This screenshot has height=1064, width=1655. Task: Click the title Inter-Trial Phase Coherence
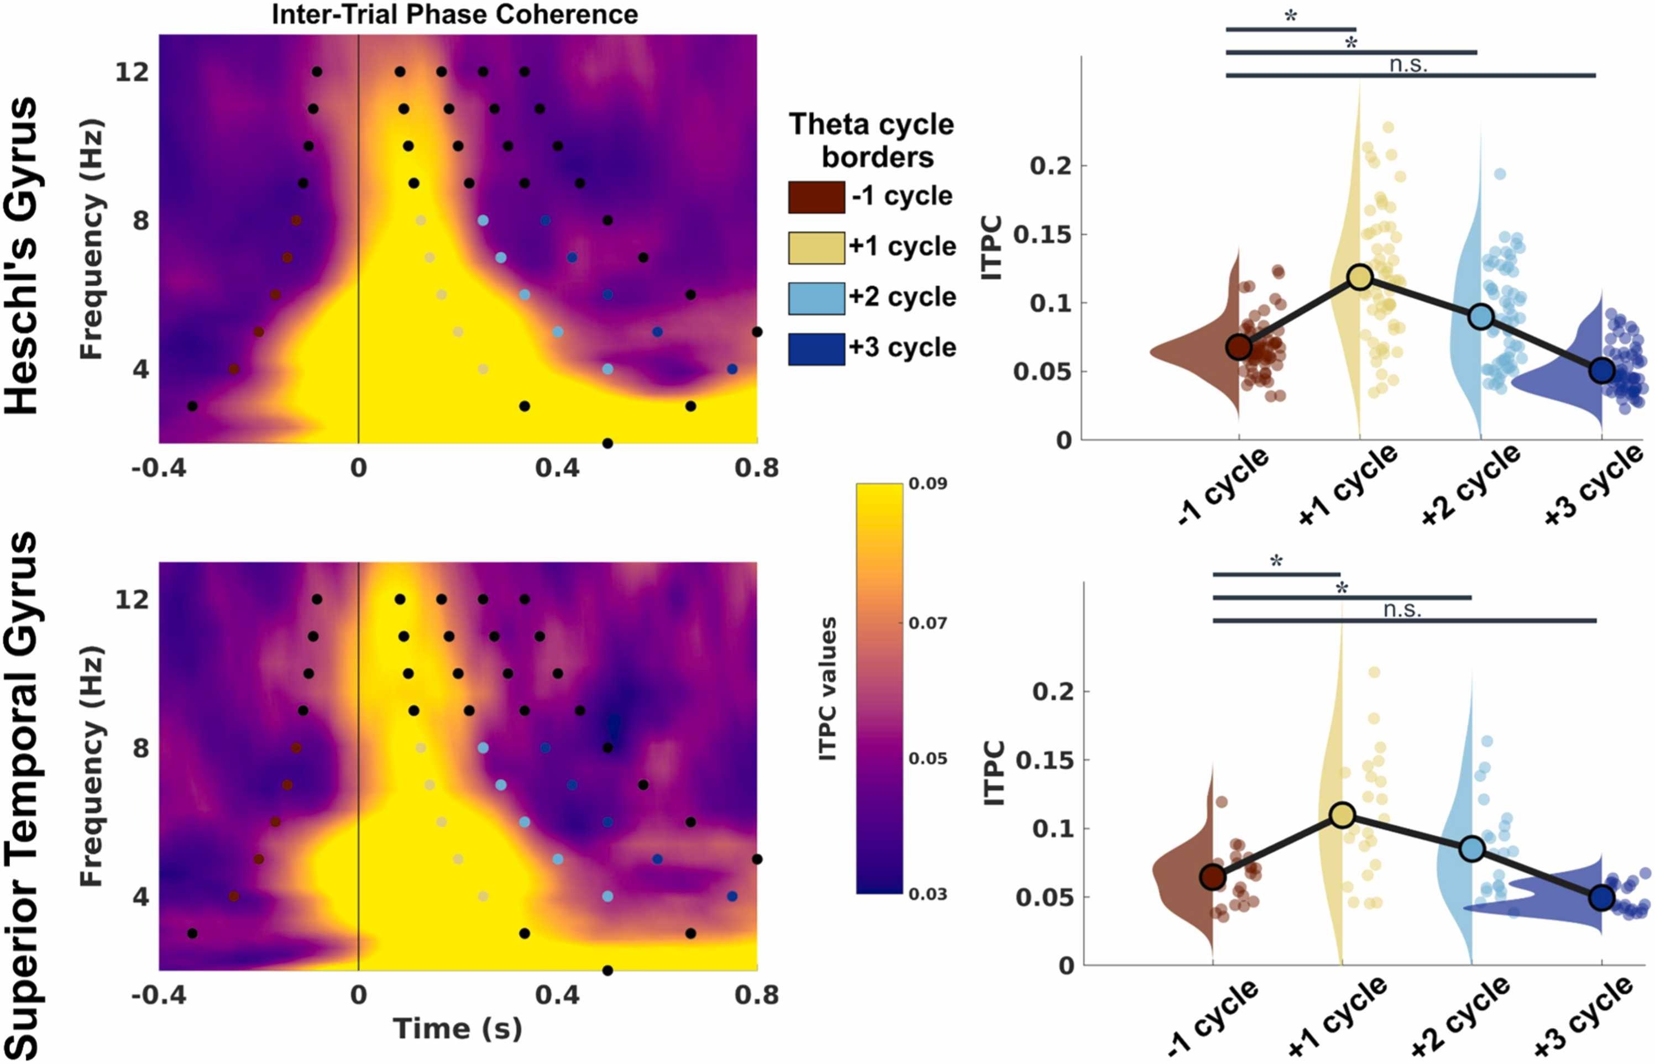(455, 14)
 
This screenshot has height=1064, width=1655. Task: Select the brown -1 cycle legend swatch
(816, 197)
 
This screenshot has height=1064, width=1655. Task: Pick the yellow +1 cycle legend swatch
(816, 248)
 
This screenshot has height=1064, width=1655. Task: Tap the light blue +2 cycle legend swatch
(816, 298)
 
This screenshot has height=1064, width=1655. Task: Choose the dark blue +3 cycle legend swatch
(816, 349)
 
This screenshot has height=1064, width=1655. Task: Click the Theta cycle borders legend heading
(872, 140)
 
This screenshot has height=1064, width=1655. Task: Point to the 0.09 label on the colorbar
(928, 484)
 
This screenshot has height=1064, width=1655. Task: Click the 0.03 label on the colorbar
(928, 894)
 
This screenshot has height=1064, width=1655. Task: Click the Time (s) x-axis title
(458, 1029)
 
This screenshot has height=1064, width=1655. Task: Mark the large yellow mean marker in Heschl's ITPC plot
(1360, 277)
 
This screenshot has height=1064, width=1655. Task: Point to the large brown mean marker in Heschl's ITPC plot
(1238, 347)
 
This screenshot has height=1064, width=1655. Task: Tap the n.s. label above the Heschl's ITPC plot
(1408, 65)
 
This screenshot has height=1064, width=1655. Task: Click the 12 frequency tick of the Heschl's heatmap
(132, 71)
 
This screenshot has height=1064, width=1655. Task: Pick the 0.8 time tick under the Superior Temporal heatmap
(757, 995)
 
